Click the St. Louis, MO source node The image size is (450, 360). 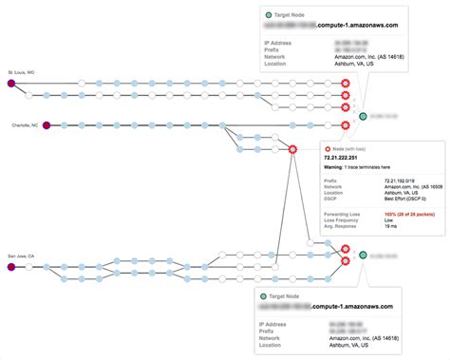coord(10,84)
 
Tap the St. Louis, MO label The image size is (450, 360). coord(21,72)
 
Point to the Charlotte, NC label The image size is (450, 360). coord(25,124)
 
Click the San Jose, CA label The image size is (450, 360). coord(21,256)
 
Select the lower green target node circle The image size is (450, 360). coord(363,256)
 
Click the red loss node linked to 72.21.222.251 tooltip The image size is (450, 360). coord(293,149)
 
